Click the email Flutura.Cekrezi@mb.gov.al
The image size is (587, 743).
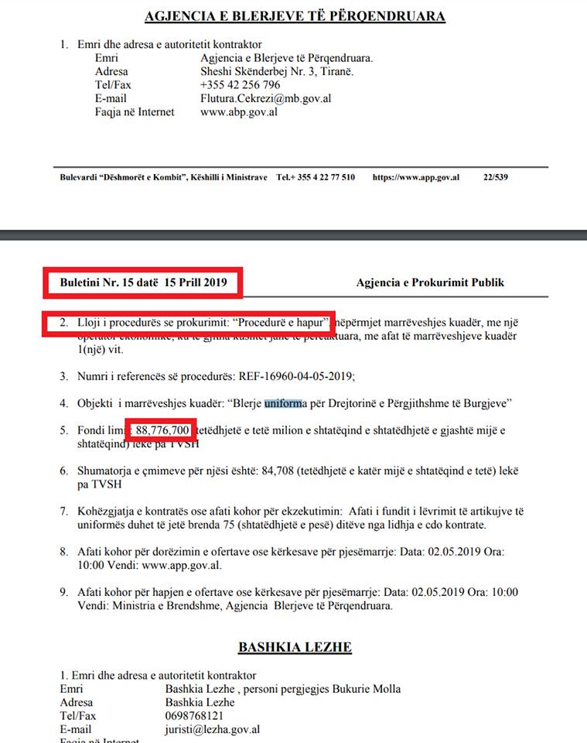click(x=266, y=98)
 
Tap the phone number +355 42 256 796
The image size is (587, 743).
click(x=240, y=84)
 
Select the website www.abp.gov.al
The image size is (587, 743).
click(x=238, y=112)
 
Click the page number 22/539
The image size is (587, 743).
click(x=495, y=177)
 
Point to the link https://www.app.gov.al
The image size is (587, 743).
click(x=416, y=177)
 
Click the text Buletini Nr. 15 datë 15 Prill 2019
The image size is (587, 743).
click(x=143, y=282)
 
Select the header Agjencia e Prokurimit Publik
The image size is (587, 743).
click(x=430, y=282)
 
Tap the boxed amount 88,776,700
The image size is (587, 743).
click(x=162, y=430)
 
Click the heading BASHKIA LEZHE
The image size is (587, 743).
click(x=294, y=647)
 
